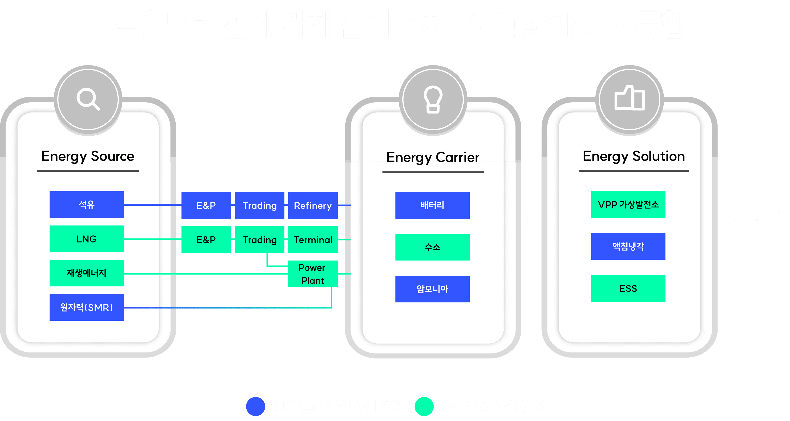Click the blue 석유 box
[86, 204]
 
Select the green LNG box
[86, 239]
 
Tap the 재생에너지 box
[86, 273]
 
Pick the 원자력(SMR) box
[86, 307]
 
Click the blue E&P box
[206, 205]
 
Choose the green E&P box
[206, 240]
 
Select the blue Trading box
[260, 205]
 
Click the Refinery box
[313, 205]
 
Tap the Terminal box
[313, 240]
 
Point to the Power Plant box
[313, 274]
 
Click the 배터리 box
[432, 205]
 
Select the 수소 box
[432, 247]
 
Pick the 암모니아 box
[432, 289]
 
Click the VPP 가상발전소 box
[628, 204]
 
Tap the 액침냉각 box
[628, 246]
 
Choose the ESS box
[628, 288]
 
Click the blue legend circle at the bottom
[255, 406]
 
